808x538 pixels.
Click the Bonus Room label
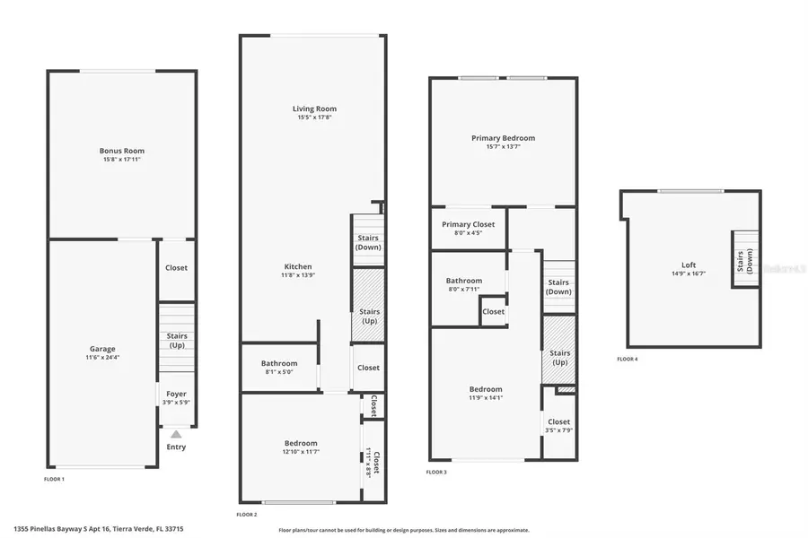(x=121, y=151)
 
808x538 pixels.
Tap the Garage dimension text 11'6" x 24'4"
(x=101, y=358)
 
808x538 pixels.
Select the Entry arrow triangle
(x=176, y=434)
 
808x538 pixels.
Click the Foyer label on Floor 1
(x=176, y=394)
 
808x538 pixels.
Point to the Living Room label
(x=314, y=108)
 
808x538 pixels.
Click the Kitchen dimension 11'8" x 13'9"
(x=298, y=275)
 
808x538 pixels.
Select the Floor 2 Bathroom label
(x=278, y=363)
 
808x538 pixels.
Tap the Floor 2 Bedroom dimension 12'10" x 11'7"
(x=301, y=452)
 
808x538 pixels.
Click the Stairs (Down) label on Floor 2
(x=368, y=242)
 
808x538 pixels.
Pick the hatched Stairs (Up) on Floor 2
(x=368, y=305)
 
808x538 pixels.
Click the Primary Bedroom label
(x=503, y=138)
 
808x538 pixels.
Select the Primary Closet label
(x=468, y=224)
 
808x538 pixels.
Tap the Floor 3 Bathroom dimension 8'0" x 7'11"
(x=464, y=289)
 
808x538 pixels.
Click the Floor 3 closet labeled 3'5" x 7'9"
(x=558, y=425)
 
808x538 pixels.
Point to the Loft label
(x=688, y=265)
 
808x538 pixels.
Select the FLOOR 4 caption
(x=627, y=359)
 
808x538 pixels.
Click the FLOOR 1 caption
(x=54, y=479)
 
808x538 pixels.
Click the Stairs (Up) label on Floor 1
(x=176, y=341)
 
